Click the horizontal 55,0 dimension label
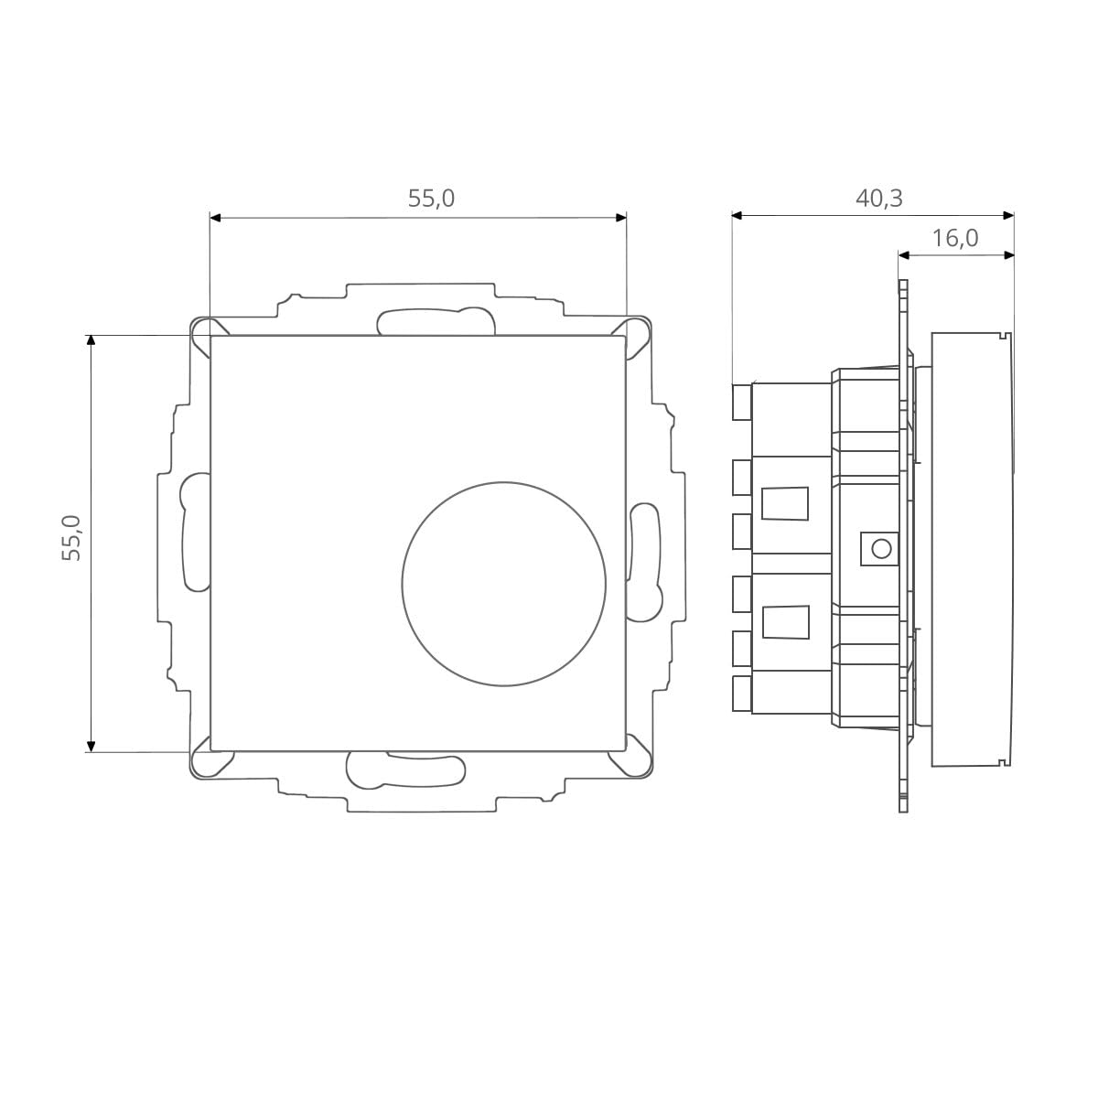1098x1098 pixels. pos(431,199)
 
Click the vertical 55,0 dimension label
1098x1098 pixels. pos(71,538)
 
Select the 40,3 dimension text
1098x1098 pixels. pos(879,198)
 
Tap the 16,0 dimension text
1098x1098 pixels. pos(955,238)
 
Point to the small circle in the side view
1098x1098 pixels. pos(881,549)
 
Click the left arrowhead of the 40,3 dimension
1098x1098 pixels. pos(737,215)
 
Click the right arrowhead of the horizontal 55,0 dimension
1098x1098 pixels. pos(621,218)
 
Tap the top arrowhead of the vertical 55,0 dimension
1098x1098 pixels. pos(91,340)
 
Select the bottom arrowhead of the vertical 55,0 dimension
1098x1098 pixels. pos(91,747)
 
